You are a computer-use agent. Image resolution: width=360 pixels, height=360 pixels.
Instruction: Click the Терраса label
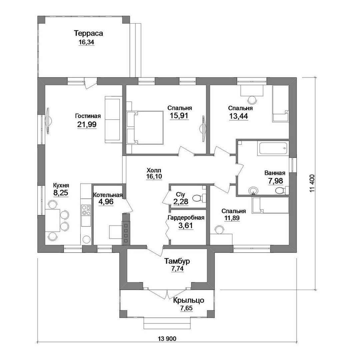point(88,34)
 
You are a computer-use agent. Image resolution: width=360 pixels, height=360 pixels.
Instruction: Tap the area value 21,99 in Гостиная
point(87,124)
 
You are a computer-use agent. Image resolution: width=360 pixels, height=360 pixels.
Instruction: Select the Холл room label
point(154,170)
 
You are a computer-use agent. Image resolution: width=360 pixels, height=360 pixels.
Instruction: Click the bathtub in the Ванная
point(273,149)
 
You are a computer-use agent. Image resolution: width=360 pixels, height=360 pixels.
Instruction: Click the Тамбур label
point(177,261)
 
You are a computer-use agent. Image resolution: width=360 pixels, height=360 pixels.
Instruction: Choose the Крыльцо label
point(188,300)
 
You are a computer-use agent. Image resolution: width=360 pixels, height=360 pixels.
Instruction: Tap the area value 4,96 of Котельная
point(106,202)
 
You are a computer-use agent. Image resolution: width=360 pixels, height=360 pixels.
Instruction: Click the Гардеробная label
point(186,218)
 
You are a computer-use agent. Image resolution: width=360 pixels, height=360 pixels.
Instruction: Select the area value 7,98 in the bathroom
point(276,181)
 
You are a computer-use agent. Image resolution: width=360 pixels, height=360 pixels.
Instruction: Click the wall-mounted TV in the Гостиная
point(48,121)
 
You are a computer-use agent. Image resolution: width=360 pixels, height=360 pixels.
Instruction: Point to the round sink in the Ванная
point(253,190)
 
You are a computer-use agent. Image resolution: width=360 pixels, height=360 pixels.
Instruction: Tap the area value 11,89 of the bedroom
point(232,218)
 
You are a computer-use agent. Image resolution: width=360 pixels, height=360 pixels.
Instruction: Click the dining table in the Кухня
point(53,220)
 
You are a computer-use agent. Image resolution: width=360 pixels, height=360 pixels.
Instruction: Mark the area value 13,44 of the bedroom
point(239,116)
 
